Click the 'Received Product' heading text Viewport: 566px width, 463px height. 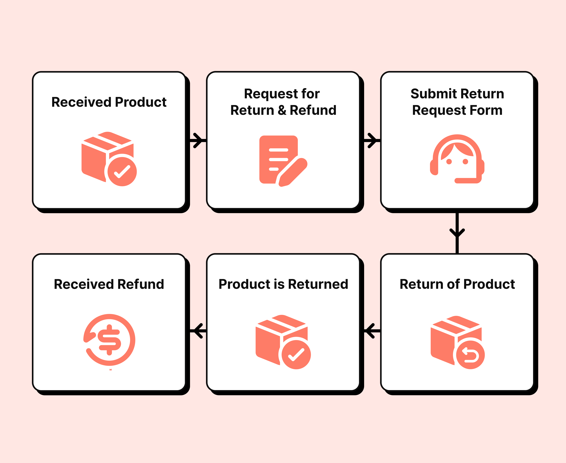[109, 102]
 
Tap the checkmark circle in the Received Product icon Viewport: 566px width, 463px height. [122, 171]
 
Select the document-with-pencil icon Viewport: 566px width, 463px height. [280, 160]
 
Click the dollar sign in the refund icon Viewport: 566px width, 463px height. [109, 340]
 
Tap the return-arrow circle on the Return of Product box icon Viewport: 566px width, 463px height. [470, 355]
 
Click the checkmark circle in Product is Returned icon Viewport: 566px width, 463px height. [296, 355]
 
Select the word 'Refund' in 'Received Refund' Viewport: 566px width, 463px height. [141, 284]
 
